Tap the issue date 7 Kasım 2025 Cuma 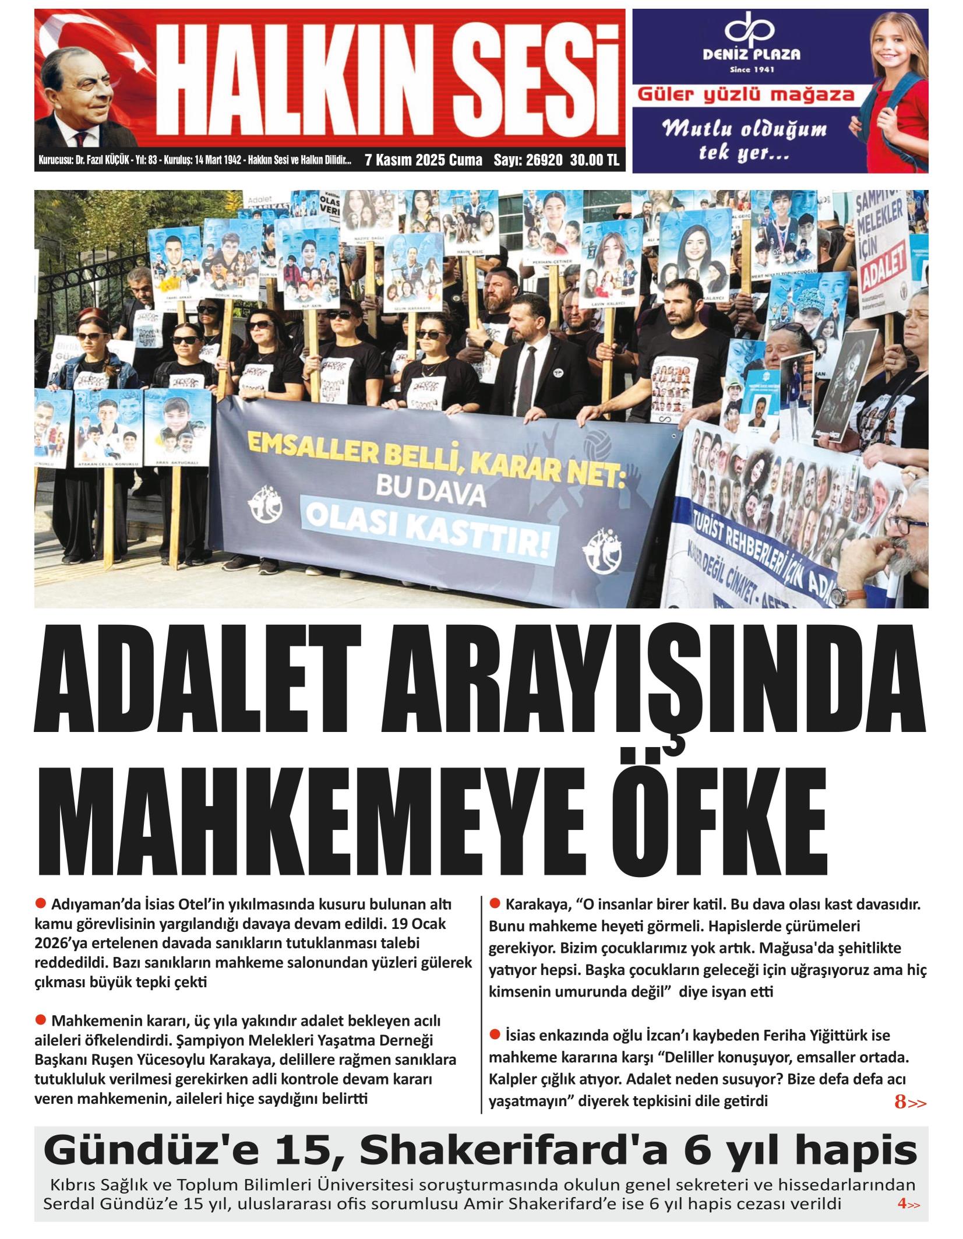tap(423, 160)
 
